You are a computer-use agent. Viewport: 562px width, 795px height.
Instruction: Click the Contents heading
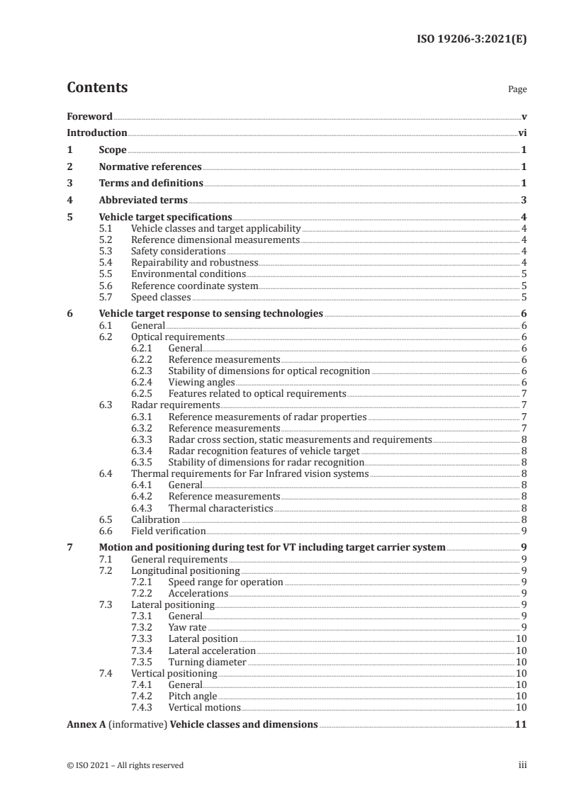click(97, 89)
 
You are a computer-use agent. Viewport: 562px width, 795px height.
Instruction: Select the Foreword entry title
click(89, 116)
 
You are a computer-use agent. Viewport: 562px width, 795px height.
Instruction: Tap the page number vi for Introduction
click(522, 133)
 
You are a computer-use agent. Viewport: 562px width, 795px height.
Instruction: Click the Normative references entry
click(150, 167)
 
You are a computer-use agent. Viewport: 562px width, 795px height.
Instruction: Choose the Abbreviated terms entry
click(143, 201)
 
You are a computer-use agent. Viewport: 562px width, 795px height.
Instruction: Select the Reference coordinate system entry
click(195, 286)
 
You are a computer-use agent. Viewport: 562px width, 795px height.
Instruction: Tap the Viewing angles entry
click(201, 382)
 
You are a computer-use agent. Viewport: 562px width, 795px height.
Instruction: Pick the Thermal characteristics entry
click(220, 508)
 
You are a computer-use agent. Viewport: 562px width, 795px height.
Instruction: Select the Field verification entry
click(169, 531)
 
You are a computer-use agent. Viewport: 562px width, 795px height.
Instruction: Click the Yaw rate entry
click(188, 628)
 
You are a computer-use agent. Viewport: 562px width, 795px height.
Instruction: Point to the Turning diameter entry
click(207, 662)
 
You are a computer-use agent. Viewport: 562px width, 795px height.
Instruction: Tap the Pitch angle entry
click(193, 697)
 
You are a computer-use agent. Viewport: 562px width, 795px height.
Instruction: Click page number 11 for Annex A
click(521, 726)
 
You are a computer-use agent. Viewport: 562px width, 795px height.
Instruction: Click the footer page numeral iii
click(522, 765)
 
